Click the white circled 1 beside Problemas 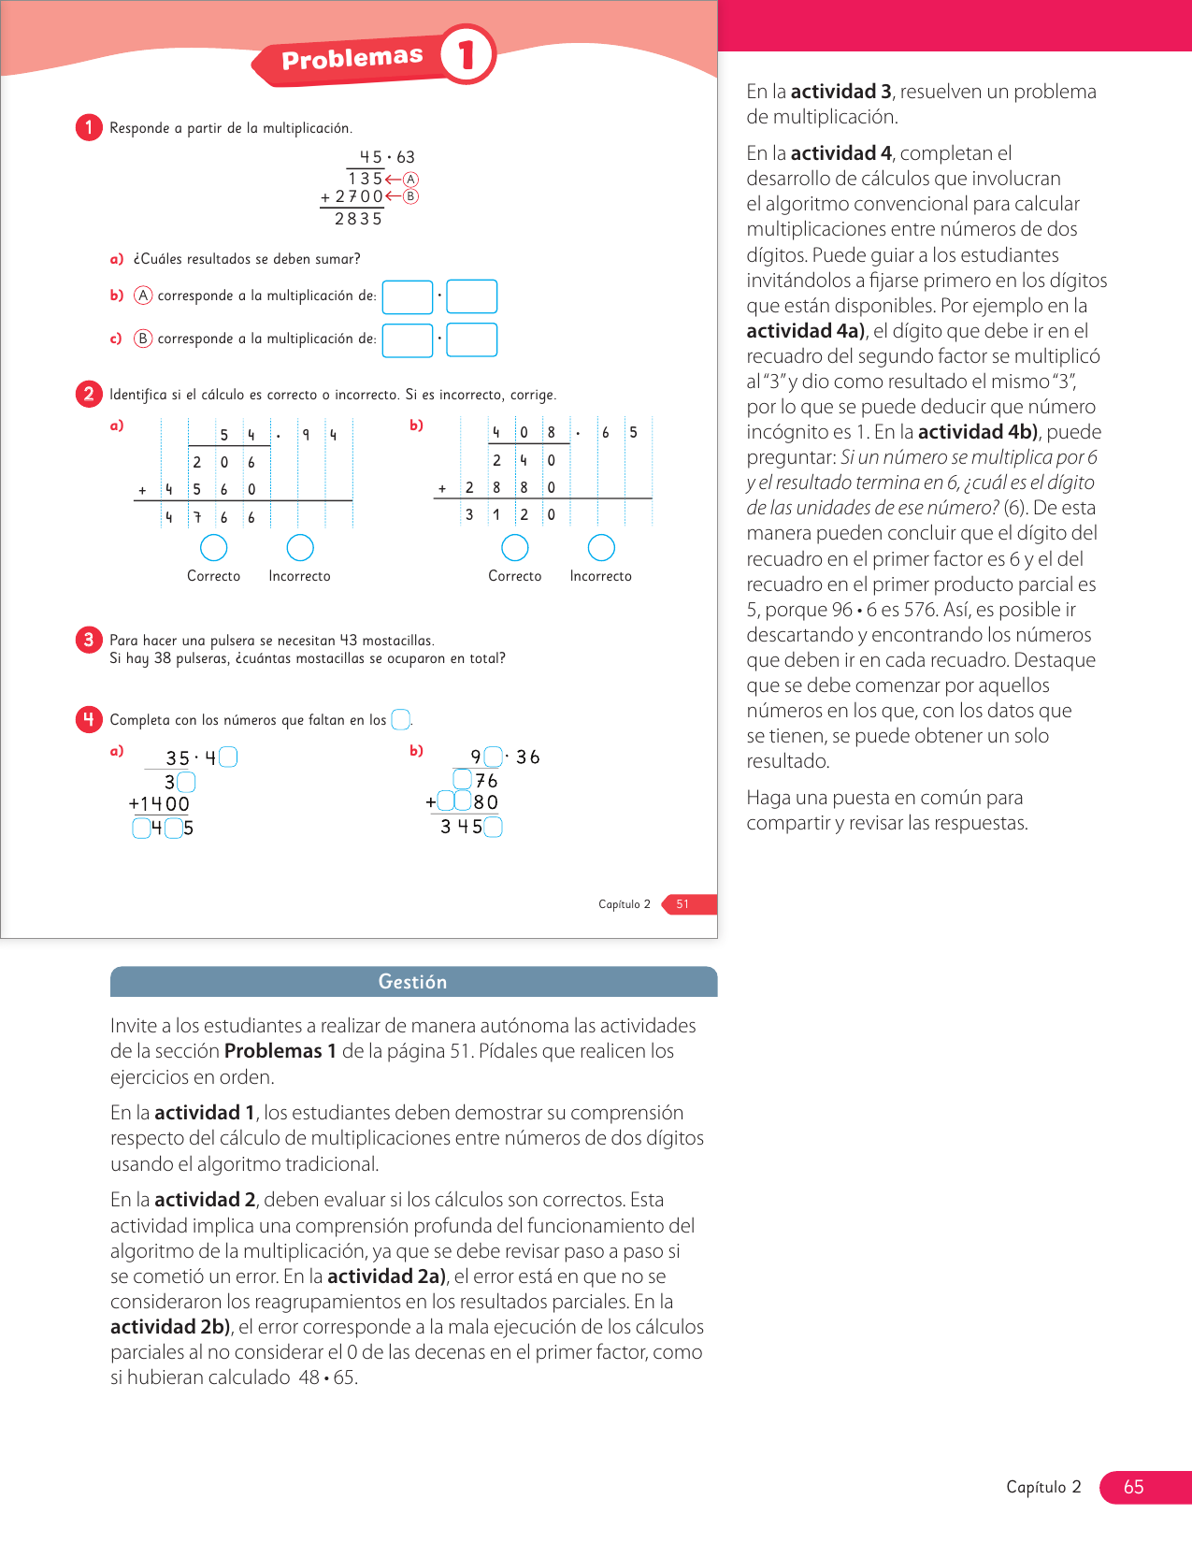[x=466, y=55]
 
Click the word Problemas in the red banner [x=352, y=59]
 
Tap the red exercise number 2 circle [x=89, y=394]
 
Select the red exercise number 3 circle [x=89, y=640]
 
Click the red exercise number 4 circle [x=89, y=719]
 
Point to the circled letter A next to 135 [x=410, y=179]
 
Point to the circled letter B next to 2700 [x=410, y=196]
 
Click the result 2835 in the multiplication [x=358, y=219]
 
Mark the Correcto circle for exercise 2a [x=214, y=547]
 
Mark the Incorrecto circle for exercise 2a [x=300, y=547]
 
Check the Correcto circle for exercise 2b [x=515, y=547]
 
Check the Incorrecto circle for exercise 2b [x=601, y=547]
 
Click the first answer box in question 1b [x=408, y=296]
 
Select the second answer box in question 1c [x=471, y=339]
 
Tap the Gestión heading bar [x=413, y=982]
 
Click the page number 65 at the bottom [x=1133, y=1487]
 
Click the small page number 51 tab [x=683, y=904]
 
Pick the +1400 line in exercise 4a [x=160, y=804]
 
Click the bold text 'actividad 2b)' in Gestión [x=170, y=1327]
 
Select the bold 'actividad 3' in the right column [x=840, y=92]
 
